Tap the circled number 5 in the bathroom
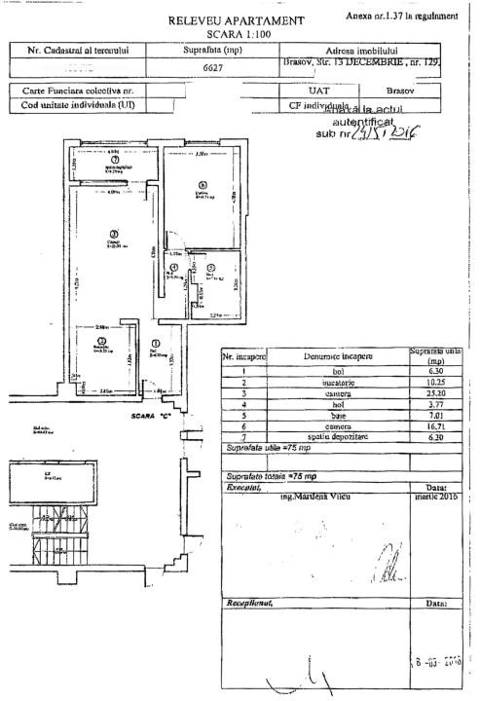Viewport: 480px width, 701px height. click(x=210, y=266)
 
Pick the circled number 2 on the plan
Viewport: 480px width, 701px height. click(x=100, y=342)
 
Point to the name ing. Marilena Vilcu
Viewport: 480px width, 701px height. click(x=316, y=496)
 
